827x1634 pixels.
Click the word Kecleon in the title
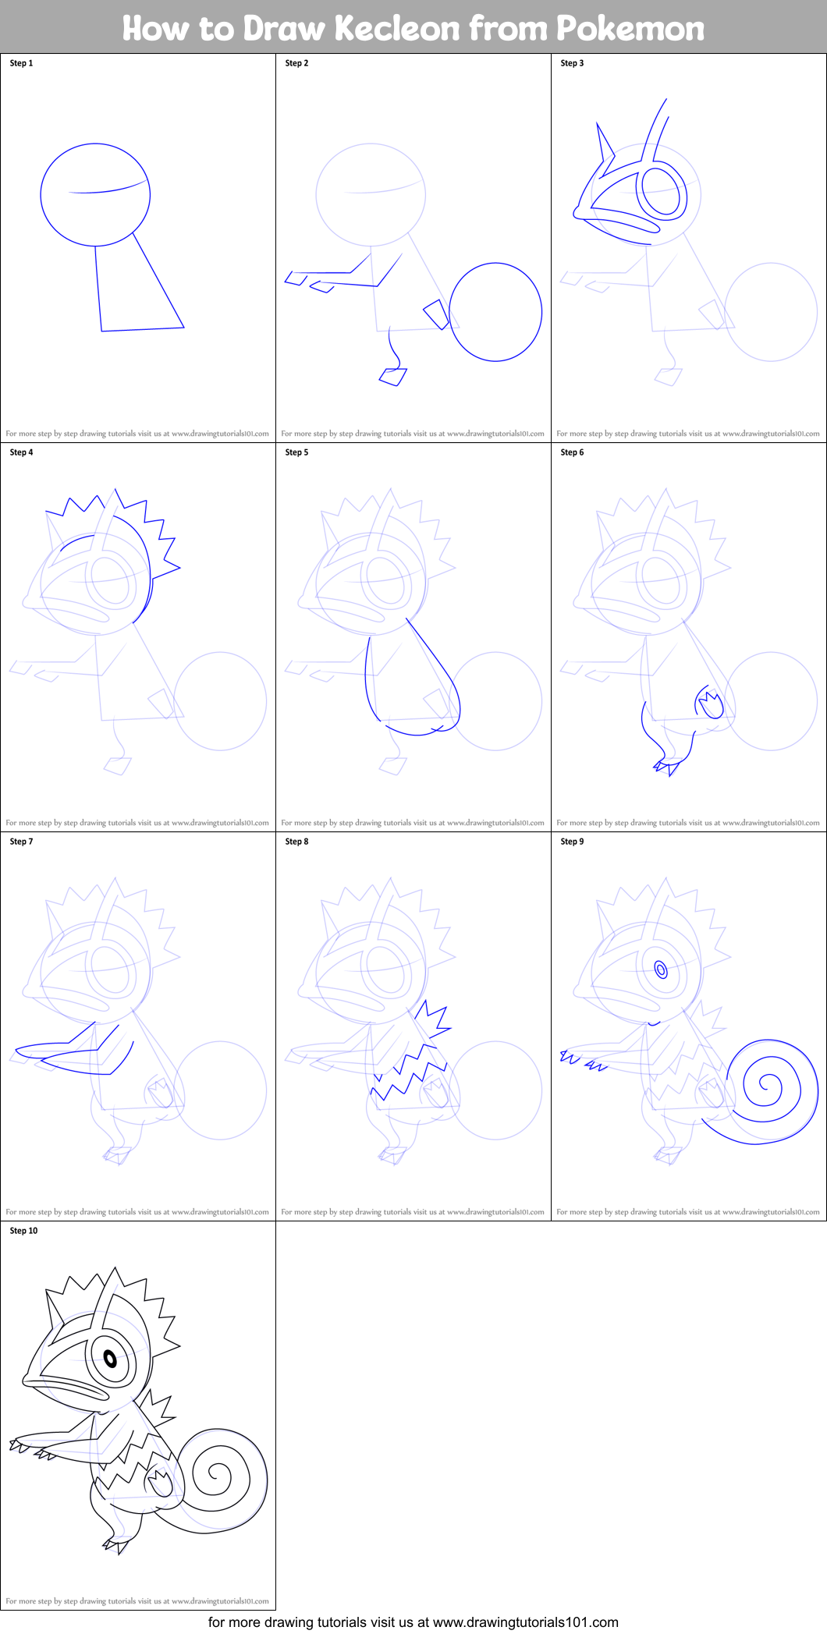click(x=396, y=28)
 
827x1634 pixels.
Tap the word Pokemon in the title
click(x=630, y=28)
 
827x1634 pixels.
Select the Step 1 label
click(x=21, y=63)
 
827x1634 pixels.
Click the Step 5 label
click(x=296, y=452)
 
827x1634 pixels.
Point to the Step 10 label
click(x=23, y=1231)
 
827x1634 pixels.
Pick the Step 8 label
click(x=296, y=842)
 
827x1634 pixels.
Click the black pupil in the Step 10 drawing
click(x=110, y=1360)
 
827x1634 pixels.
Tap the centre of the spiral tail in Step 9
click(x=768, y=1084)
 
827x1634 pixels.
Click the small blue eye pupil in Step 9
click(x=661, y=970)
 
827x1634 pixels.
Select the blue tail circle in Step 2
click(x=495, y=312)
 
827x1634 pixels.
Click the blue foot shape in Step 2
click(x=392, y=377)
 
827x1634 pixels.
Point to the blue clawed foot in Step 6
click(x=668, y=766)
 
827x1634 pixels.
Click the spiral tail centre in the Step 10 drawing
click(x=217, y=1474)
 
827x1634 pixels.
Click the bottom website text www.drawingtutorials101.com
click(x=525, y=1622)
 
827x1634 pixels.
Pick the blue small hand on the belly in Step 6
click(x=709, y=704)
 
